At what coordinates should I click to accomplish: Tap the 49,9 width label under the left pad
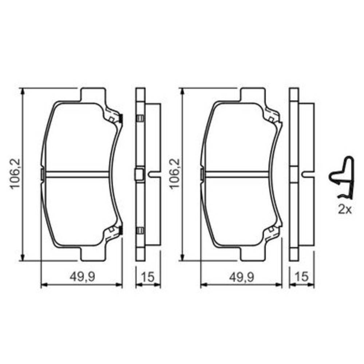[x=82, y=277]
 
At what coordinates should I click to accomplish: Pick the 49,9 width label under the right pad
[x=242, y=277]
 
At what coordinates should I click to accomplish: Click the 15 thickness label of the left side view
[x=147, y=277]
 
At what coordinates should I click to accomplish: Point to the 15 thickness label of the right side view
[x=301, y=277]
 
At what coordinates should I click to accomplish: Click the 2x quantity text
[x=345, y=210]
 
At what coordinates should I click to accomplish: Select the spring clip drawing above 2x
[x=342, y=178]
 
